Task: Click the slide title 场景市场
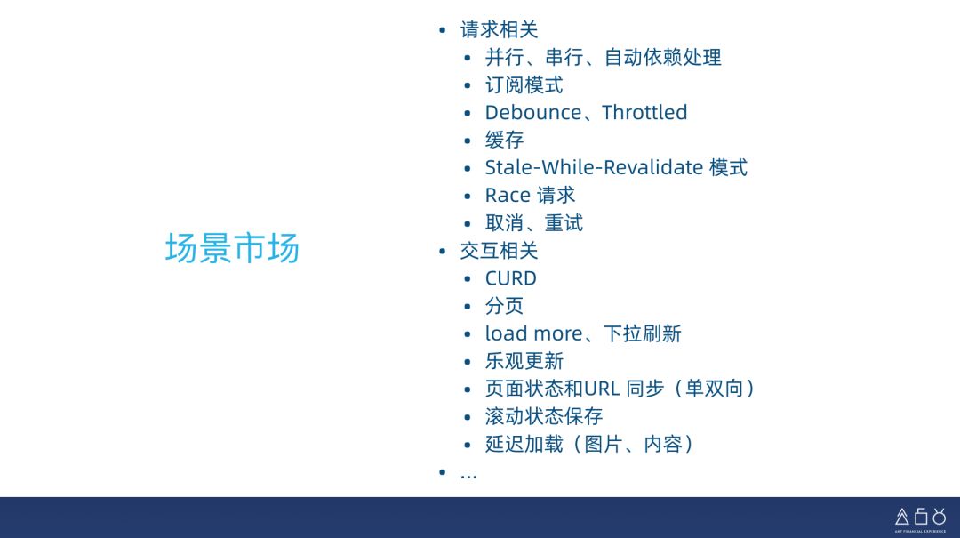232,249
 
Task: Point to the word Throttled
644,113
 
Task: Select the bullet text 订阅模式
524,85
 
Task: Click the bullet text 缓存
504,141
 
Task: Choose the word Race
507,196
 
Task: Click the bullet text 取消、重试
533,223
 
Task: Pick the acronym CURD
511,278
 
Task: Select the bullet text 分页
504,306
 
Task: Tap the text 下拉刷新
642,333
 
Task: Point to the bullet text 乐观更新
524,361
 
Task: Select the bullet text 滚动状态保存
543,416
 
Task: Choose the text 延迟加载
524,444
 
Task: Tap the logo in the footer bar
920,517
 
